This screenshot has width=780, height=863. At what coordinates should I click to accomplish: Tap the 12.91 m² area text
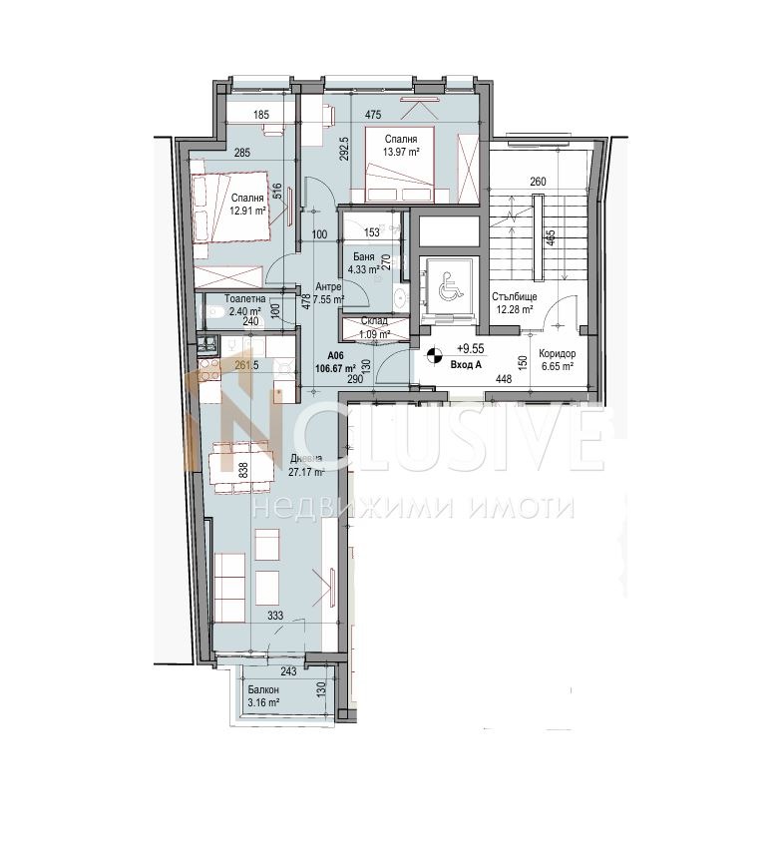point(245,211)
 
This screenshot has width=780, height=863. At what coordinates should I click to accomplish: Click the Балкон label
point(264,690)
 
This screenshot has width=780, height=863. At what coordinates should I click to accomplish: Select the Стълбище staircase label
point(515,296)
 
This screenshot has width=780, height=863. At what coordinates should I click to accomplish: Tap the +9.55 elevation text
point(470,349)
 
